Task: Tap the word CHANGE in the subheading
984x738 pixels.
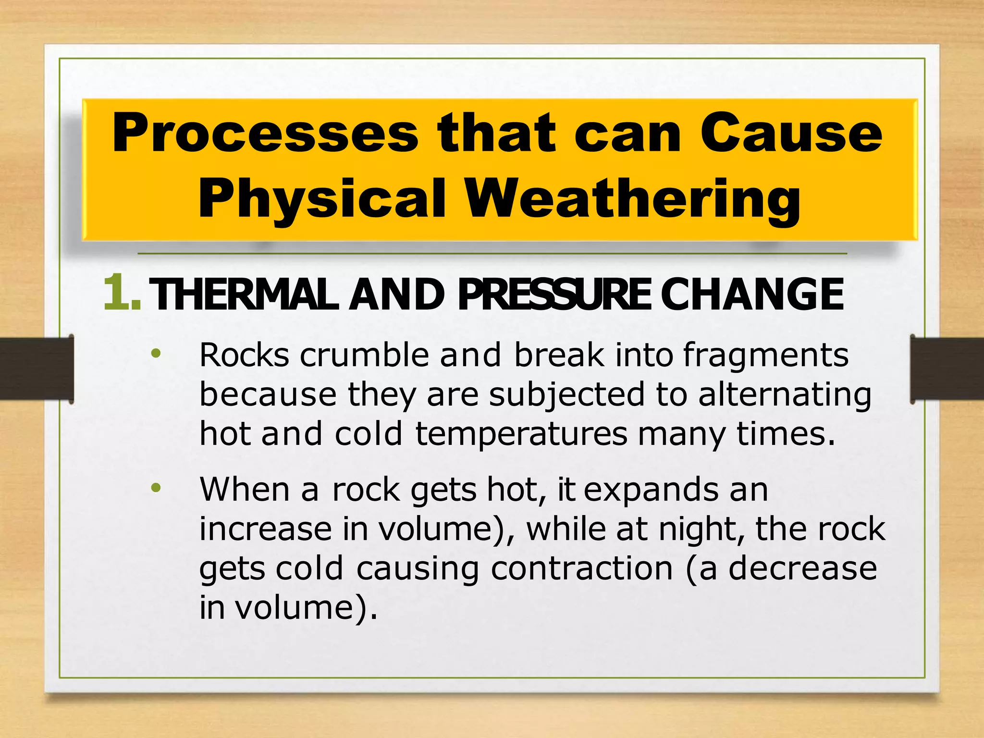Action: point(752,294)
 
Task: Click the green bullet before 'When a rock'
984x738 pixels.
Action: point(156,488)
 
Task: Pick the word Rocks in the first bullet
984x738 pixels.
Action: point(244,356)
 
